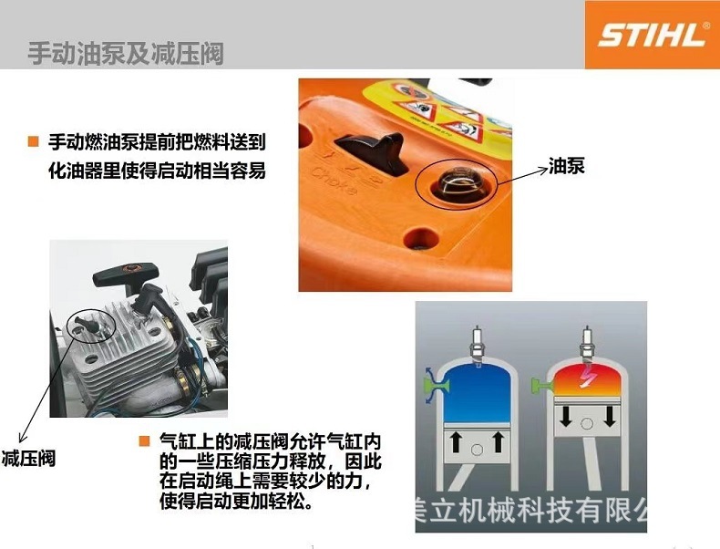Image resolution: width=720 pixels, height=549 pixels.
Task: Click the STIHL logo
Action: pyautogui.click(x=652, y=35)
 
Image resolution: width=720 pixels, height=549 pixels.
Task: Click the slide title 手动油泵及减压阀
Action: pyautogui.click(x=125, y=53)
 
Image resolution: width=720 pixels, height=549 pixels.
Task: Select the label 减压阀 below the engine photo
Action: pyautogui.click(x=28, y=458)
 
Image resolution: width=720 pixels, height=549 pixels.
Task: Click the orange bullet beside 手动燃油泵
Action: pyautogui.click(x=33, y=141)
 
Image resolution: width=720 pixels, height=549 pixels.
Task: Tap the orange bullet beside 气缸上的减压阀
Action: pyautogui.click(x=143, y=441)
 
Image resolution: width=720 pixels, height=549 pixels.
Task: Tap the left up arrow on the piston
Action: pyautogui.click(x=452, y=444)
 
